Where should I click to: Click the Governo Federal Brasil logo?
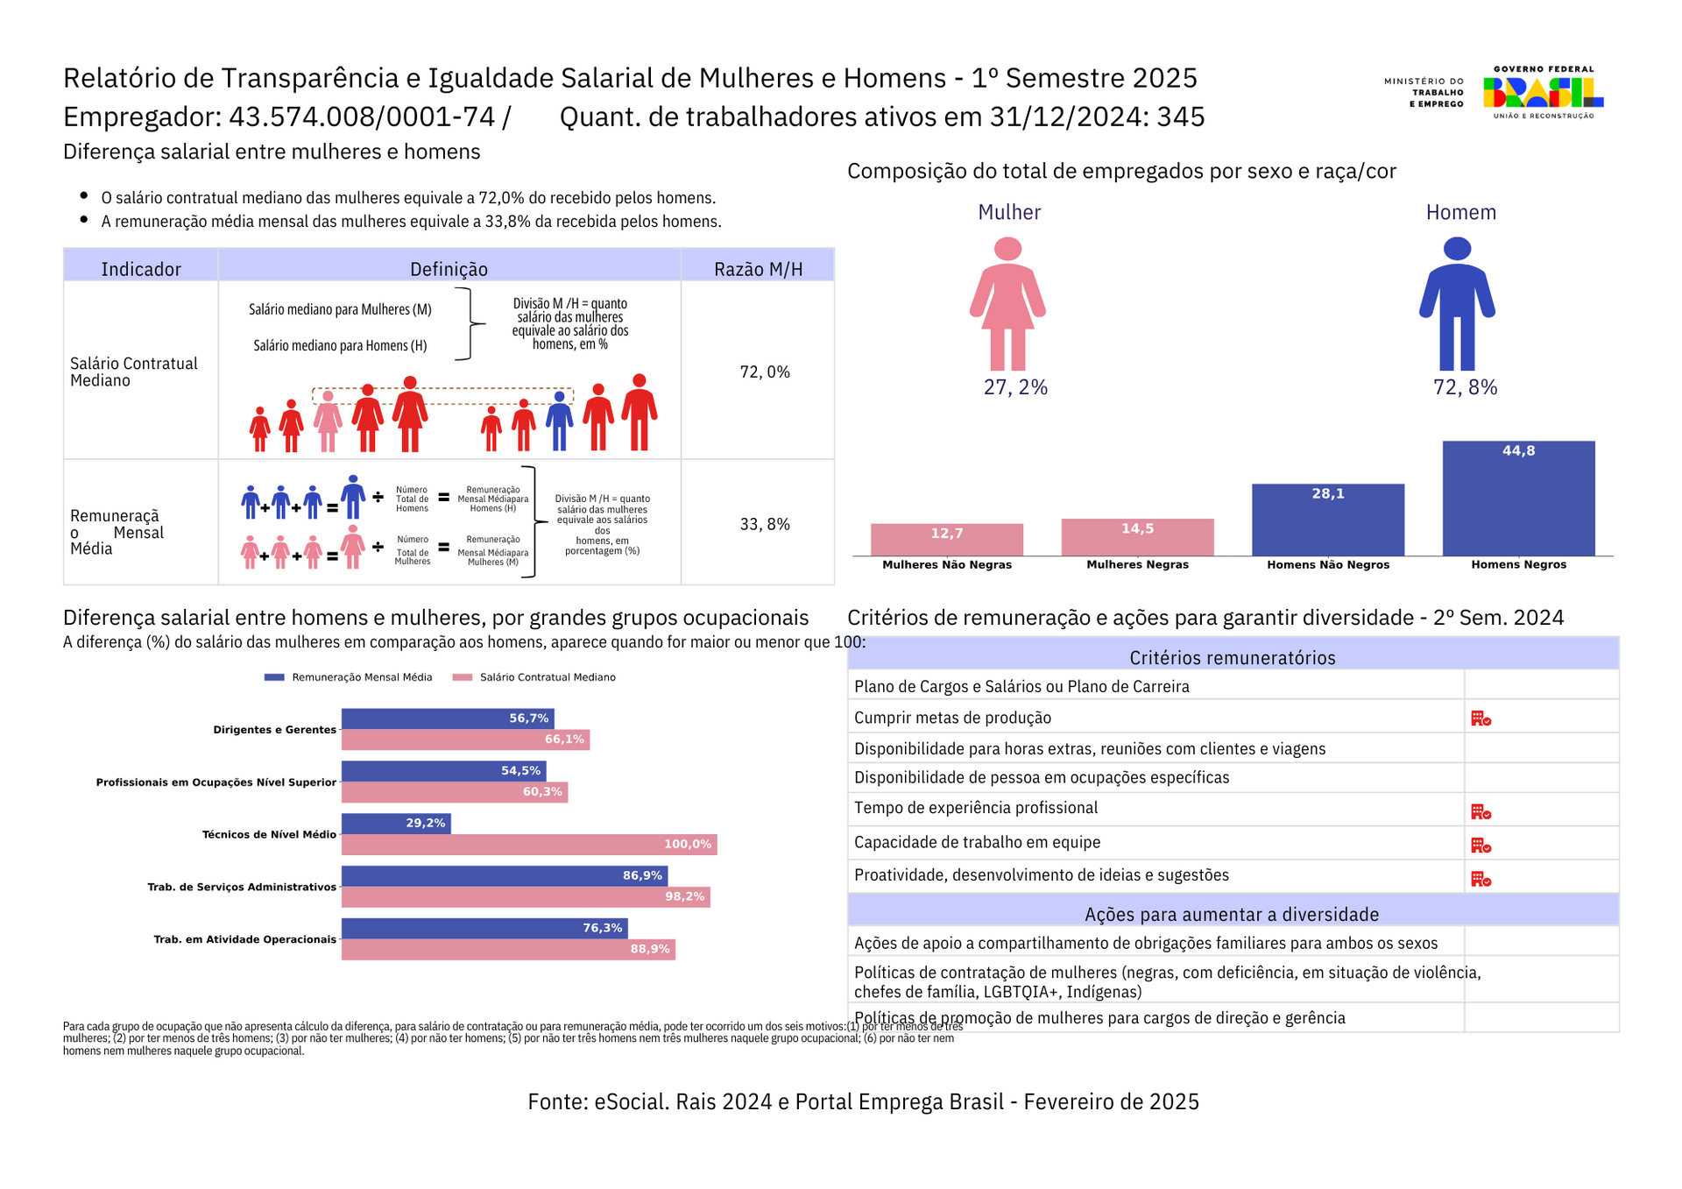(x=1543, y=92)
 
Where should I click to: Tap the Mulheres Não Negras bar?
(x=946, y=540)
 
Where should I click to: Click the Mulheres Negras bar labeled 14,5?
(x=1137, y=537)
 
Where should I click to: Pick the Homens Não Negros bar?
(x=1328, y=520)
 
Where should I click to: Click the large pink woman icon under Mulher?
(x=1007, y=303)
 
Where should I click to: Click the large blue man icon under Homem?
(x=1457, y=303)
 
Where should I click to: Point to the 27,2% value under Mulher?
(x=1015, y=387)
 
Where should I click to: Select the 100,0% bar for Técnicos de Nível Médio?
(x=529, y=845)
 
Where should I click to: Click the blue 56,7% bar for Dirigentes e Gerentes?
(x=448, y=718)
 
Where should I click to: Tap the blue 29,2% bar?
(x=396, y=824)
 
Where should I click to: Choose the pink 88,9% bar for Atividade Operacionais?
(x=508, y=949)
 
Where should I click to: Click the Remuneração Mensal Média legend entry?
(x=348, y=677)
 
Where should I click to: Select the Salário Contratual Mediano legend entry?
(x=534, y=677)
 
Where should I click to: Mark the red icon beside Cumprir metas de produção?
(x=1481, y=718)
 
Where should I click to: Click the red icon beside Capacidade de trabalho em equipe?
(x=1481, y=846)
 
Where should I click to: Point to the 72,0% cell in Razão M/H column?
(x=765, y=372)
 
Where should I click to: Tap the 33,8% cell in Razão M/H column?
(x=765, y=525)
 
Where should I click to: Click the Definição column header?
(x=449, y=269)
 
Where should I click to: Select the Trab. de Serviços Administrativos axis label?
(x=242, y=888)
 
